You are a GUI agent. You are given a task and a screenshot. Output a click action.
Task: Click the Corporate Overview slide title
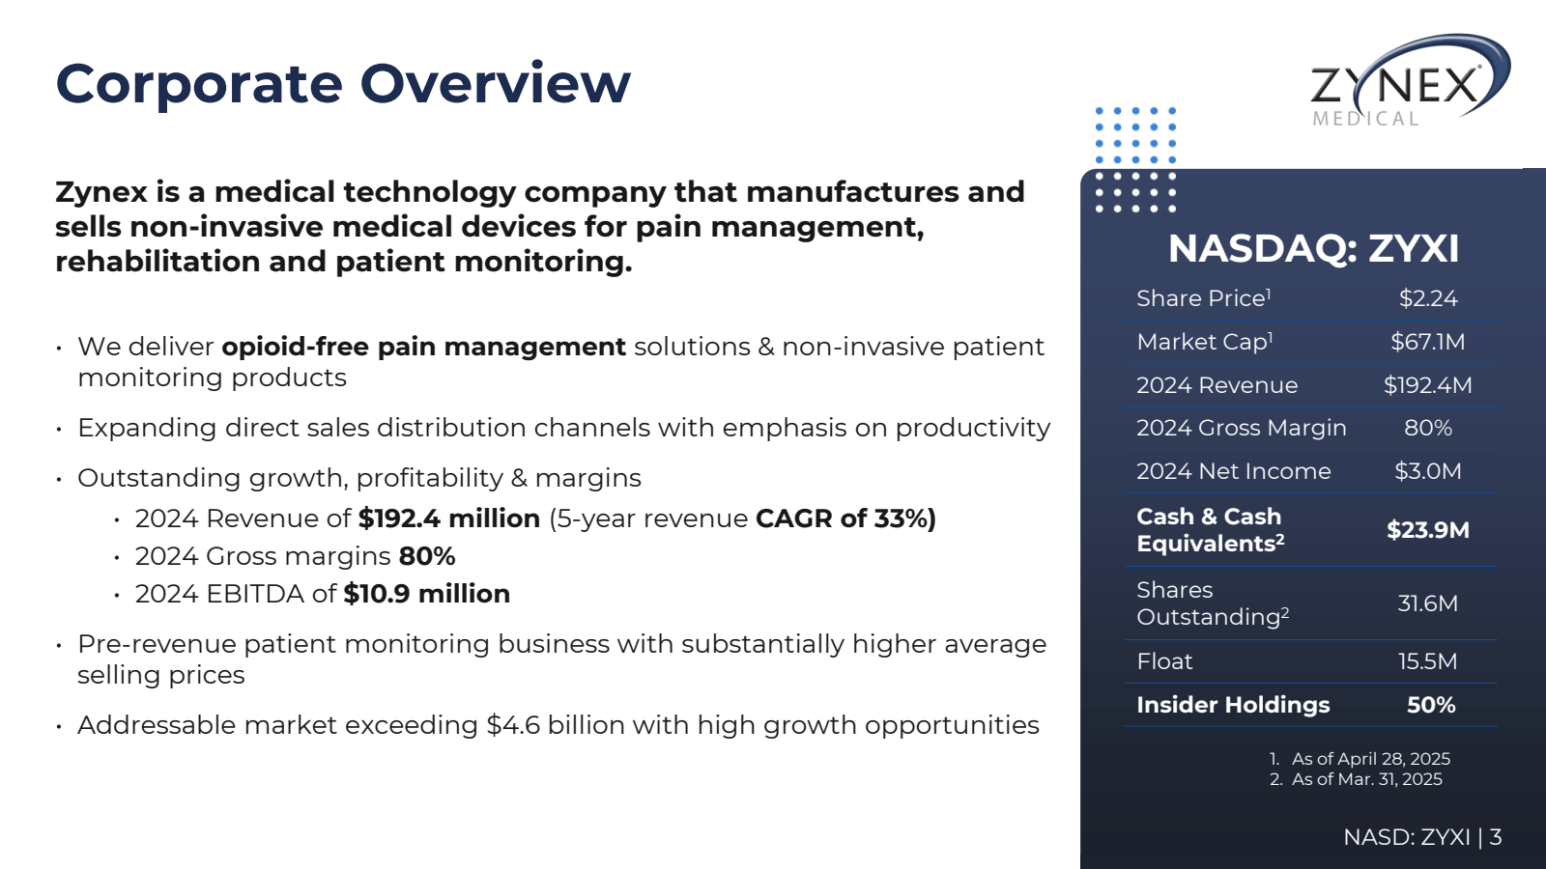click(343, 83)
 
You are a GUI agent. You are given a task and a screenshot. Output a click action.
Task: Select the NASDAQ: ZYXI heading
click(1313, 249)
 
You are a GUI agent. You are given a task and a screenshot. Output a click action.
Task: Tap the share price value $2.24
click(1428, 298)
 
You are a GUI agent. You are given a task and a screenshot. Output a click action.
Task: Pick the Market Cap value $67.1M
click(1428, 342)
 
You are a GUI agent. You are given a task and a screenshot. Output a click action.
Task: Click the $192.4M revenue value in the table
click(1428, 385)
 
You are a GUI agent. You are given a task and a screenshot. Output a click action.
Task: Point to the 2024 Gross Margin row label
click(1241, 428)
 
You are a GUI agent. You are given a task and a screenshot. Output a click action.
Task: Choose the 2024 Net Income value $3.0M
click(1428, 471)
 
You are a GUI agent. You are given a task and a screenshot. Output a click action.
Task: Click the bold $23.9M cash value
click(1428, 530)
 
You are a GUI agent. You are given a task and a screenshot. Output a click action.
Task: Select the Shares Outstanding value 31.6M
click(1428, 603)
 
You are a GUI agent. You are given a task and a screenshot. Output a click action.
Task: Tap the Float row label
click(1164, 661)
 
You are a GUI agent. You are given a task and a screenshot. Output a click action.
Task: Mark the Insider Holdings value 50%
click(1431, 705)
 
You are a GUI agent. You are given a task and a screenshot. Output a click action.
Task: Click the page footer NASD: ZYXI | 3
click(1422, 837)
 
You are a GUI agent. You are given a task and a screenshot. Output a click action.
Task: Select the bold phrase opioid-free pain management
click(423, 347)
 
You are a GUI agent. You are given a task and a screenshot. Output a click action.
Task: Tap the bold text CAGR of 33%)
click(845, 519)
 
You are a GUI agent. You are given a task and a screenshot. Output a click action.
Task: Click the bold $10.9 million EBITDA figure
click(426, 594)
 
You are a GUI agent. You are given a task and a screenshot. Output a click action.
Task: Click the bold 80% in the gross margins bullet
click(427, 556)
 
